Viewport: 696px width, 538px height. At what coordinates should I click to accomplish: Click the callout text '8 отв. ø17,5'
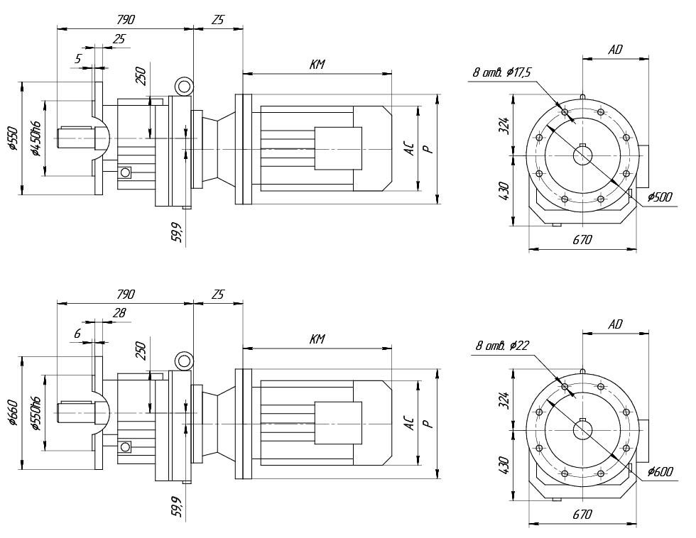click(501, 72)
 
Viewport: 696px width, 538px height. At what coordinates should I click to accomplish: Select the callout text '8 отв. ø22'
click(503, 346)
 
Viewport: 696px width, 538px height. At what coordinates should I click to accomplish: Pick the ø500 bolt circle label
click(660, 197)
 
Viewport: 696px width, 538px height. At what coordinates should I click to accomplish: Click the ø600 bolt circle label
click(660, 471)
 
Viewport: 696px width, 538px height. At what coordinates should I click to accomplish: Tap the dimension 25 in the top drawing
click(119, 39)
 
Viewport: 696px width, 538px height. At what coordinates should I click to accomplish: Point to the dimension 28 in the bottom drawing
click(119, 313)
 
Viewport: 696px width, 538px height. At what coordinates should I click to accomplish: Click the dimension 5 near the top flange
click(78, 59)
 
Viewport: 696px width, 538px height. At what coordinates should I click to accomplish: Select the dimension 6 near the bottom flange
click(78, 333)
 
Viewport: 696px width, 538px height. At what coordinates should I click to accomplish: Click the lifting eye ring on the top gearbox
click(185, 87)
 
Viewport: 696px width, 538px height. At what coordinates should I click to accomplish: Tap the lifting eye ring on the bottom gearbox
click(185, 361)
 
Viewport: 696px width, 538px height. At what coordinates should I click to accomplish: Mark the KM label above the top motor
click(317, 65)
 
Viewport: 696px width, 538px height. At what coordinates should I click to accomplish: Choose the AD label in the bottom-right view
click(615, 324)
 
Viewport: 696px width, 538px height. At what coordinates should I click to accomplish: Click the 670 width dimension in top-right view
click(582, 240)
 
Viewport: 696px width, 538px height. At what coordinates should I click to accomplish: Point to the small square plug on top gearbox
click(126, 172)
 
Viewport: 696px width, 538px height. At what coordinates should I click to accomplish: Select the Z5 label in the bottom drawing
click(217, 295)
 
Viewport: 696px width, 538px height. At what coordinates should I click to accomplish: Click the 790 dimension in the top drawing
click(125, 20)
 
